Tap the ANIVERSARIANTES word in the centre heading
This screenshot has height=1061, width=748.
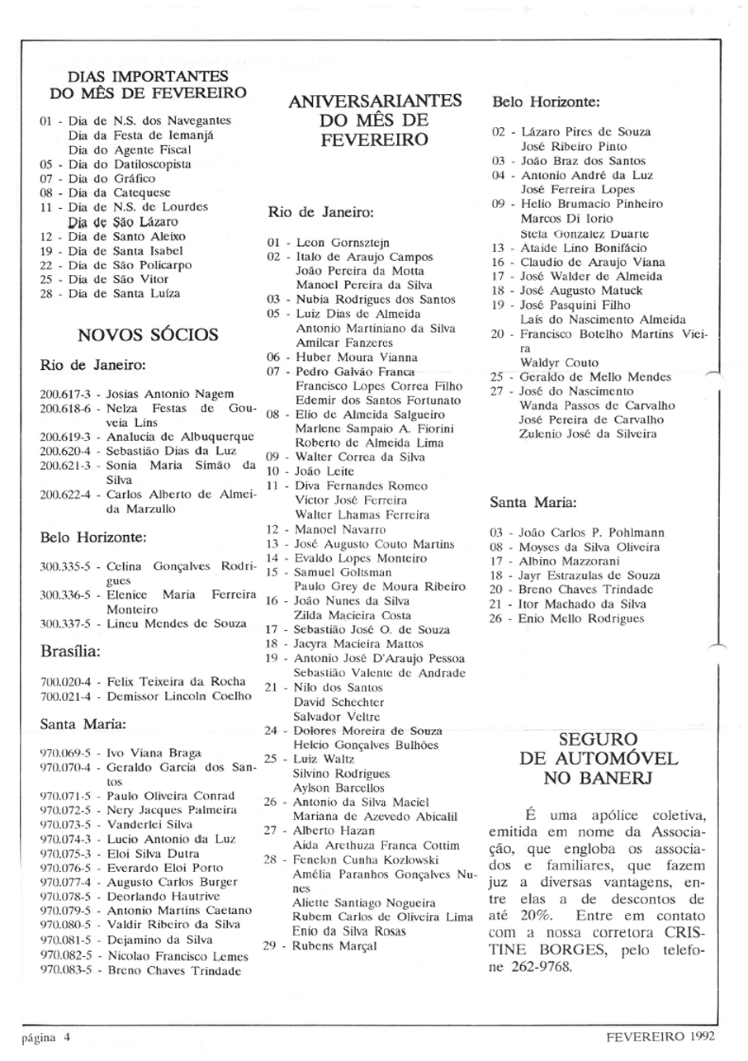(374, 102)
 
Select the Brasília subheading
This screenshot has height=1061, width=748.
(69, 650)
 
